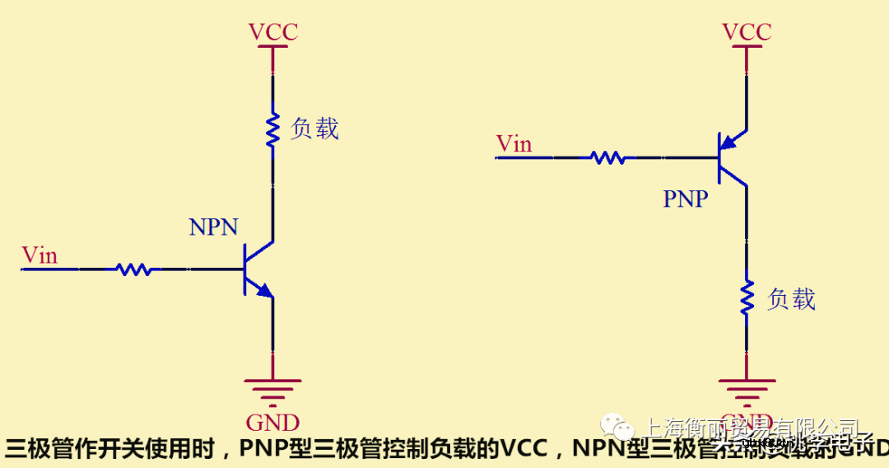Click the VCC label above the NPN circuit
point(272,32)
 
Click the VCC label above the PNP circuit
point(747,32)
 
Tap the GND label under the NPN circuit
point(272,423)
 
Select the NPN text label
point(213,227)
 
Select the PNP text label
point(686,199)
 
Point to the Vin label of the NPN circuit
point(40,255)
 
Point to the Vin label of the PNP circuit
point(514,144)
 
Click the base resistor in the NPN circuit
point(133,269)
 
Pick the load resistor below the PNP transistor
point(747,298)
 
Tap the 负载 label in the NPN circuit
point(314,129)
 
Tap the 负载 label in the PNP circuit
point(791,298)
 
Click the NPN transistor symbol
point(257,269)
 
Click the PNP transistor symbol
point(731,157)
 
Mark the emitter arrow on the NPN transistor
point(263,289)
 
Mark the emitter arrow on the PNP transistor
point(728,143)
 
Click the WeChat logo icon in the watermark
point(617,428)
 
